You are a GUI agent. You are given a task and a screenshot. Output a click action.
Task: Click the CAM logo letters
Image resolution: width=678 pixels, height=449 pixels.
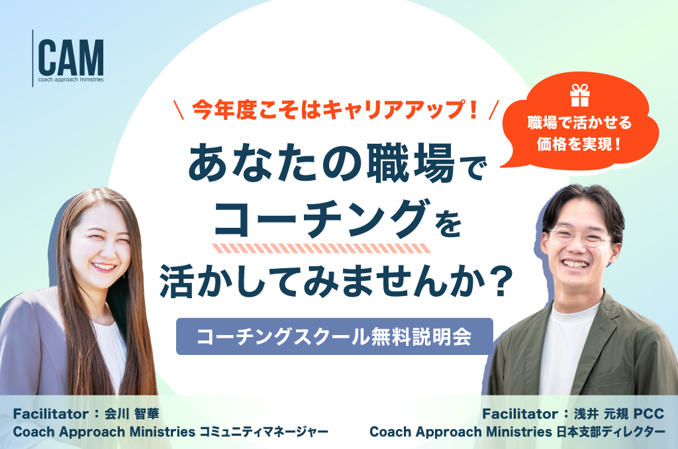tap(71, 58)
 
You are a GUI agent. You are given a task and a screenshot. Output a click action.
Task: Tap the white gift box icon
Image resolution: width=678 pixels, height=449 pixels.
tap(580, 95)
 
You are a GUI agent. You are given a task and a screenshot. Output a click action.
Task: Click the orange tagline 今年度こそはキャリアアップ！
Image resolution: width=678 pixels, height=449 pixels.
tap(336, 109)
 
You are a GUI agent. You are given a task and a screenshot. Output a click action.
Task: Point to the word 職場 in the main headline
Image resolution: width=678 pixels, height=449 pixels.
tap(411, 164)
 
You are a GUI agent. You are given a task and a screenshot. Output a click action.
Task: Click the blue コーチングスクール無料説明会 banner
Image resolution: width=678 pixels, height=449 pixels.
tap(334, 336)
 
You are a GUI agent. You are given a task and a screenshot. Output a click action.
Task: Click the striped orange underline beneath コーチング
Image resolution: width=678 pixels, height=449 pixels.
tap(321, 248)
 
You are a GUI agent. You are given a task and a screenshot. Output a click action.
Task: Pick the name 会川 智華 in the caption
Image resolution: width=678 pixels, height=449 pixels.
tap(132, 414)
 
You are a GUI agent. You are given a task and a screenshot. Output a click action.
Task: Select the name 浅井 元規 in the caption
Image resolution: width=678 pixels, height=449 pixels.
tap(601, 414)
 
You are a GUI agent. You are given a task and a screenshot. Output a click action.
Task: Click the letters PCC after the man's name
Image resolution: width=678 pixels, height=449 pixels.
tap(649, 414)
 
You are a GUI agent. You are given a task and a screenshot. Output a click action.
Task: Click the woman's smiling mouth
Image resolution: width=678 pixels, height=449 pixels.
tap(104, 266)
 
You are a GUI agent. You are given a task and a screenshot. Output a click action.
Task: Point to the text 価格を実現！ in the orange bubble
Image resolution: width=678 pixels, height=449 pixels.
tap(579, 144)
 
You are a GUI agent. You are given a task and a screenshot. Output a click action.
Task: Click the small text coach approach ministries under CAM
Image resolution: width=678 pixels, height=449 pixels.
tap(71, 79)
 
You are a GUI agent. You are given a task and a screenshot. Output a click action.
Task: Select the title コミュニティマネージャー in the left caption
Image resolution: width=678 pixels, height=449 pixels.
tap(264, 432)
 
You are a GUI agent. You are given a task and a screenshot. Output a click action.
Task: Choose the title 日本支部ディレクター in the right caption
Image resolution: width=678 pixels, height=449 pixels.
tap(610, 432)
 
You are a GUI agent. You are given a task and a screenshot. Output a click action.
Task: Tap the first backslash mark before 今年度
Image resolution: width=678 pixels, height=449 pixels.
tap(179, 110)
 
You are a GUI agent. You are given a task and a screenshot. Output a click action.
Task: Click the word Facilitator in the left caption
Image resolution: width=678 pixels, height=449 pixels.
tap(51, 414)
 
